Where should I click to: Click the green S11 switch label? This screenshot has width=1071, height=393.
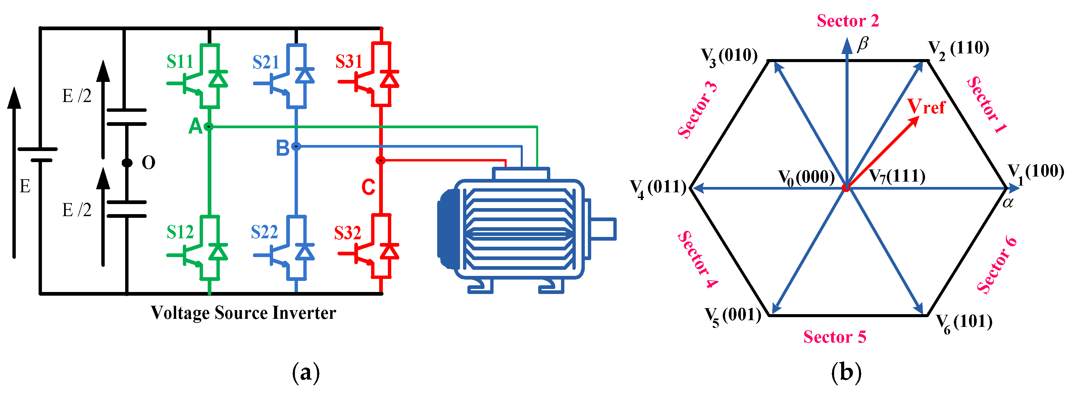coord(180,62)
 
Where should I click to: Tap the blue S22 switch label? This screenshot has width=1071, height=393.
coord(264,232)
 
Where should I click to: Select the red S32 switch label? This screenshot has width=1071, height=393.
coord(348,233)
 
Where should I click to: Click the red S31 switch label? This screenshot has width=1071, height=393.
coord(349,62)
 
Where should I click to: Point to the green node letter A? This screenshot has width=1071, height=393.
coord(195,126)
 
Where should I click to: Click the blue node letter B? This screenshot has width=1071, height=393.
coord(283,148)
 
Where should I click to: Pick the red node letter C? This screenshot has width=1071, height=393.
coord(368,187)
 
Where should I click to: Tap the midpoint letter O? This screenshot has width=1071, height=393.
coord(148,163)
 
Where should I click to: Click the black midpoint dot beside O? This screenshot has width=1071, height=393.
coord(127,163)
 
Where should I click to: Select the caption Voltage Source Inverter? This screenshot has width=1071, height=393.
coord(243,313)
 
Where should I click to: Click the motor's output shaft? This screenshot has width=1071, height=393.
coord(603,229)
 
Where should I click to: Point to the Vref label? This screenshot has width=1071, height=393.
coord(926,107)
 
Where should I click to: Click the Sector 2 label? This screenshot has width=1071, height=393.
coord(848,21)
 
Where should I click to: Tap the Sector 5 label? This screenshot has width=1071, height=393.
coord(835,337)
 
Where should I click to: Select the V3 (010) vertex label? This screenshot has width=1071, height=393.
coord(729,56)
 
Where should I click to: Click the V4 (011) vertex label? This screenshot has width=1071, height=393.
coord(658,188)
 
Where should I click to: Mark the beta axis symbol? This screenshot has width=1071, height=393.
coord(863,43)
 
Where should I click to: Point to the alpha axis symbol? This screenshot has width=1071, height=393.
coord(1008,203)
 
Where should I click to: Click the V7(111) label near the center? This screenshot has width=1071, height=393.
coord(897,176)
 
